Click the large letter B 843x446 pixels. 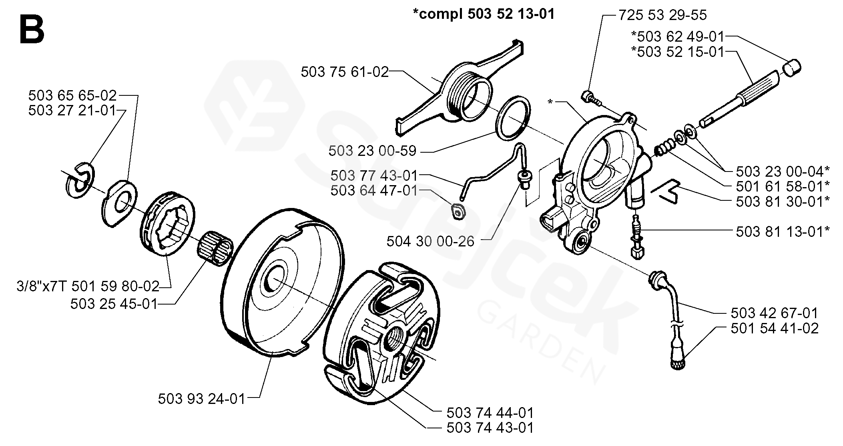pyautogui.click(x=31, y=29)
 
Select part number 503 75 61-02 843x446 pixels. pyautogui.click(x=345, y=72)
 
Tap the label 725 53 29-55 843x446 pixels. pyautogui.click(x=662, y=15)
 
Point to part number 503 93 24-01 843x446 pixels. pyautogui.click(x=201, y=398)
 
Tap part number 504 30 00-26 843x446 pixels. pyautogui.click(x=430, y=241)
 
